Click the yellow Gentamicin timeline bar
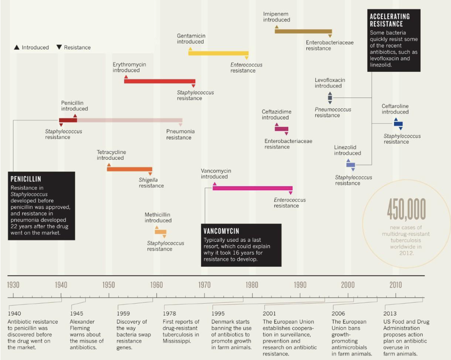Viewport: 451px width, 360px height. pyautogui.click(x=218, y=53)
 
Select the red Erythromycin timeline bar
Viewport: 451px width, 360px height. pyautogui.click(x=160, y=81)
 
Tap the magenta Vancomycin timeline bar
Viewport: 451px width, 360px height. pyautogui.click(x=253, y=188)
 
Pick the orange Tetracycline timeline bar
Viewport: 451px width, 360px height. pyautogui.click(x=129, y=169)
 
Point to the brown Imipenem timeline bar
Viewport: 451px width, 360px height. pyautogui.click(x=303, y=31)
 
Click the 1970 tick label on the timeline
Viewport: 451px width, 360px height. pyautogui.click(x=204, y=285)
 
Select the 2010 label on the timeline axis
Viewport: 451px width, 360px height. pyautogui.click(x=396, y=285)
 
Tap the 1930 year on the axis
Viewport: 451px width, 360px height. pyautogui.click(x=13, y=285)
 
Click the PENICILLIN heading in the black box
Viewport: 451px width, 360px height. pyautogui.click(x=26, y=179)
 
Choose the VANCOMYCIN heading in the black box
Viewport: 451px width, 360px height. pyautogui.click(x=221, y=231)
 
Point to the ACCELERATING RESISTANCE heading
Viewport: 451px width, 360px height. pyautogui.click(x=390, y=20)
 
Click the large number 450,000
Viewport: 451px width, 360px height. pyautogui.click(x=406, y=209)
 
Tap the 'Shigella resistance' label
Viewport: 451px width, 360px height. pyautogui.click(x=151, y=183)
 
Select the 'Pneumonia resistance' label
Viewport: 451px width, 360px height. pyautogui.click(x=180, y=134)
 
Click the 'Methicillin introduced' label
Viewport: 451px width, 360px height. pyautogui.click(x=158, y=217)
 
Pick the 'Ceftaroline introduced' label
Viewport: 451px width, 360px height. pyautogui.click(x=395, y=109)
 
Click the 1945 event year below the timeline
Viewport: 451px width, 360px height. pyautogui.click(x=77, y=314)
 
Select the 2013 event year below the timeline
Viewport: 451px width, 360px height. pyautogui.click(x=390, y=314)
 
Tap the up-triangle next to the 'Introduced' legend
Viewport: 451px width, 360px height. pyautogui.click(x=17, y=47)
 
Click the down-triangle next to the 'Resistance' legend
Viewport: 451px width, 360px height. pyautogui.click(x=59, y=47)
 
